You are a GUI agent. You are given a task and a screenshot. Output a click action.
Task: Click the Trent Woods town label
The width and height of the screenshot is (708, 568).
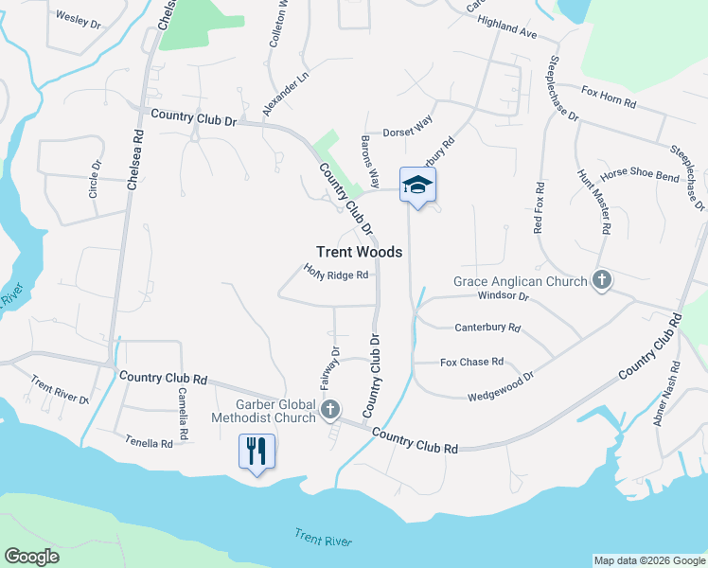[359, 252]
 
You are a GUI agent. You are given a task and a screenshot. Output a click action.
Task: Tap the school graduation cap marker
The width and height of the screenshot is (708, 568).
[417, 186]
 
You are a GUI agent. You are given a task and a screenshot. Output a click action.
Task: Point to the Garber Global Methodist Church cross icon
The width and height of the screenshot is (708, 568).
[329, 409]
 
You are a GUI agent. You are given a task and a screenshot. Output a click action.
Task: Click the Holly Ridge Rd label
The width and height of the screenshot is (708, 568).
[336, 274]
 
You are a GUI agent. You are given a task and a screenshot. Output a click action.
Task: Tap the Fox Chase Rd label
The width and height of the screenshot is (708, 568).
[471, 362]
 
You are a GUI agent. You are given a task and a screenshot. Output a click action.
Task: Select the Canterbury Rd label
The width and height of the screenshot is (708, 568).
[487, 328]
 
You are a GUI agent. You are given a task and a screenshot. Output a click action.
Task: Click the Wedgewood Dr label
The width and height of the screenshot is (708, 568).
[501, 382]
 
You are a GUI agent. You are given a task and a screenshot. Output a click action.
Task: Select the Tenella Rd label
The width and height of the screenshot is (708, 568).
[150, 441]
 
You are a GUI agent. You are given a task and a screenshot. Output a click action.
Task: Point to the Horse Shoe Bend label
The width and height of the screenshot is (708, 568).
[640, 175]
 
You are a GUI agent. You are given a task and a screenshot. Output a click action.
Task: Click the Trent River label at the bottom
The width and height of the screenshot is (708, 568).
[323, 539]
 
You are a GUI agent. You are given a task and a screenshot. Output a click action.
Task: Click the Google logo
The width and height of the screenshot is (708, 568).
[31, 557]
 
